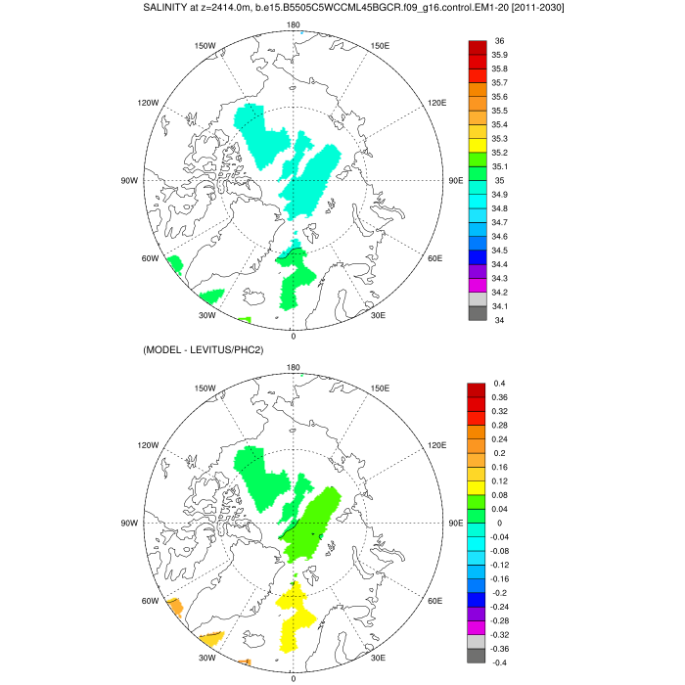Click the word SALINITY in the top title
click(x=172, y=8)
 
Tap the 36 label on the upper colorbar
click(x=499, y=41)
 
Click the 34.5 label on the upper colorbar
click(x=499, y=251)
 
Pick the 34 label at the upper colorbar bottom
click(x=498, y=320)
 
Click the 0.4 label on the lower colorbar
click(x=499, y=384)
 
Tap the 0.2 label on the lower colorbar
click(x=499, y=453)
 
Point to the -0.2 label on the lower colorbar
click(x=499, y=593)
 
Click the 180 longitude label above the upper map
click(x=293, y=24)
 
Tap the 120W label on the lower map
click(x=149, y=444)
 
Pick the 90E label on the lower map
click(x=455, y=523)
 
